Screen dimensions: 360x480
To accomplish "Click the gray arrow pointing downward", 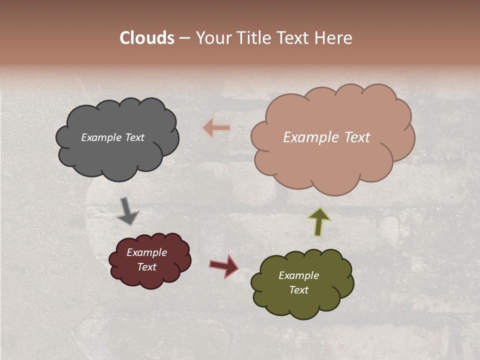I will [x=127, y=211].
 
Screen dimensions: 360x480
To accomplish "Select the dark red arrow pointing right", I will [x=224, y=265].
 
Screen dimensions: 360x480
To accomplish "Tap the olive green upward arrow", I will [x=319, y=221].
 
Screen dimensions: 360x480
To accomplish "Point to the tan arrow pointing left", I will [x=216, y=128].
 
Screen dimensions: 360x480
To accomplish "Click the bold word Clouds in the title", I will [x=147, y=38].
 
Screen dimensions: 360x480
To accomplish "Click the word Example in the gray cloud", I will [x=101, y=137].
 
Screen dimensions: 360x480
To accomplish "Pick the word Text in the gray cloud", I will [x=134, y=137].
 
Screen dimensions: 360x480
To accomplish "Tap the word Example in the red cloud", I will [x=146, y=252].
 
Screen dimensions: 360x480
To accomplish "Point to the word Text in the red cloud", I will [x=146, y=267].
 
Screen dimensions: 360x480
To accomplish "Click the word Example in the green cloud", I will [x=298, y=275].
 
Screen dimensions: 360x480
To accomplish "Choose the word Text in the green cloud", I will [x=298, y=290].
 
